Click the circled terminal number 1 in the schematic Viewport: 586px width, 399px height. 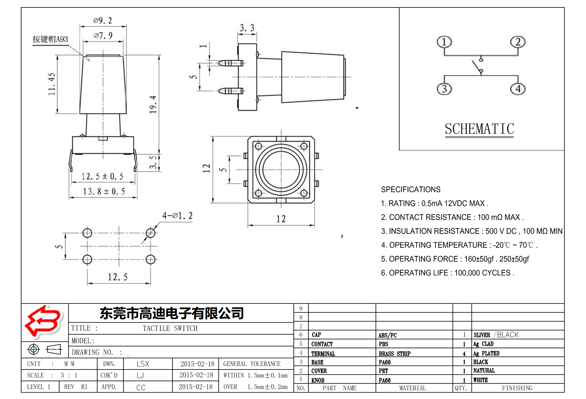[444, 42]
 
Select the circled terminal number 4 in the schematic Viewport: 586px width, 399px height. [517, 89]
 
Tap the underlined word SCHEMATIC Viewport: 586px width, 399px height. [479, 129]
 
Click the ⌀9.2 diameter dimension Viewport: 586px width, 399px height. [103, 21]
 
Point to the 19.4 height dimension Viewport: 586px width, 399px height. [153, 104]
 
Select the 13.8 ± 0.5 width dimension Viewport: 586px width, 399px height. [104, 192]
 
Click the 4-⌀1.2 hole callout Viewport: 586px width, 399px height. [177, 216]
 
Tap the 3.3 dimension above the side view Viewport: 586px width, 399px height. [247, 28]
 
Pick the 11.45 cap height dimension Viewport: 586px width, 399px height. [52, 84]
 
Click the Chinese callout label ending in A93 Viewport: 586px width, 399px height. [50, 39]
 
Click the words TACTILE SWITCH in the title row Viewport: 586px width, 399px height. [170, 328]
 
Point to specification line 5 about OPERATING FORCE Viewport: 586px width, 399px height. [455, 259]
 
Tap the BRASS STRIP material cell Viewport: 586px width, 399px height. [394, 354]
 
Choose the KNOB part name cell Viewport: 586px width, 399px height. [318, 380]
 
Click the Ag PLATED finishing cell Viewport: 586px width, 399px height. [486, 354]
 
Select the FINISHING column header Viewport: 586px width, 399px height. [517, 388]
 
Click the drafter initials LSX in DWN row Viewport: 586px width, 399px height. [143, 364]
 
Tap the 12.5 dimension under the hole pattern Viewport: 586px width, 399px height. [117, 277]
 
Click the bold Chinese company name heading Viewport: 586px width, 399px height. [171, 313]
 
